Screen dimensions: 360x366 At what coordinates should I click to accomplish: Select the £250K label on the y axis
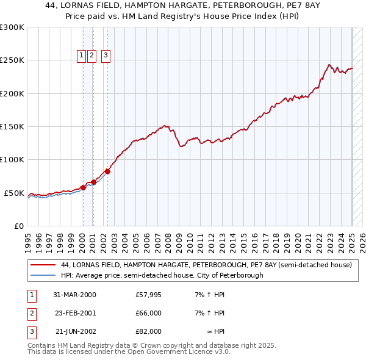(12, 60)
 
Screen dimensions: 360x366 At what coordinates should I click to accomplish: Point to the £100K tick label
(12, 160)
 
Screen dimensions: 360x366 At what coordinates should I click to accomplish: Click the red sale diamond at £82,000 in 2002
(107, 171)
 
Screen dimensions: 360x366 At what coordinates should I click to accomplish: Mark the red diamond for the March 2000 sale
(83, 187)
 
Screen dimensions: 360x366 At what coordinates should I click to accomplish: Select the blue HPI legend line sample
(42, 275)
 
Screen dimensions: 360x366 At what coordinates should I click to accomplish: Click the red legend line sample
(42, 265)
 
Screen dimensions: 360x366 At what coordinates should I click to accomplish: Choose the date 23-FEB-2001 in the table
(74, 313)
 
